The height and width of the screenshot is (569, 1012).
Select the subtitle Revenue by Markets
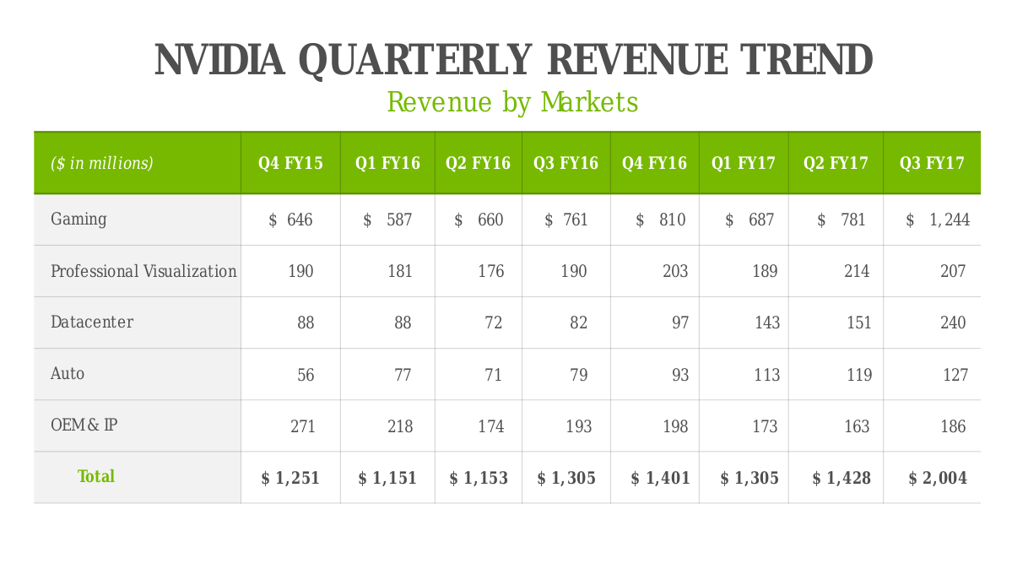(511, 102)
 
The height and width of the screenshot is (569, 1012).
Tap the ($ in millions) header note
(102, 163)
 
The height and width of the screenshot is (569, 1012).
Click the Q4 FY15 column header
(290, 163)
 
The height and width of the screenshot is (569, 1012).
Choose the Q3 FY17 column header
(932, 163)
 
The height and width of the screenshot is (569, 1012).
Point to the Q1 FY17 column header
(744, 163)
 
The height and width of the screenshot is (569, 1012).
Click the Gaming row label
(78, 219)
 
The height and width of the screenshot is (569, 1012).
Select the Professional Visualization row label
(143, 271)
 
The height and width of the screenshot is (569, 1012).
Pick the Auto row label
(68, 374)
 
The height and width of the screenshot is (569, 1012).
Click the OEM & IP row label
(84, 425)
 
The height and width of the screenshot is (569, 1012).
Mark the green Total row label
(96, 477)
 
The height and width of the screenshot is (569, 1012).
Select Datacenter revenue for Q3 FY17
(953, 323)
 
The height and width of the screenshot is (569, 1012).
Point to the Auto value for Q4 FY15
(306, 375)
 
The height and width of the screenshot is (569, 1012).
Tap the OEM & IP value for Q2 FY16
(490, 426)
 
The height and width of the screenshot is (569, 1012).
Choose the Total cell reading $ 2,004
(938, 479)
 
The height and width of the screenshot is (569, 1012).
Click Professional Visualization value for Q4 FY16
(675, 272)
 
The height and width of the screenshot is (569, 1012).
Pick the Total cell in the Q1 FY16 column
(387, 479)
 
